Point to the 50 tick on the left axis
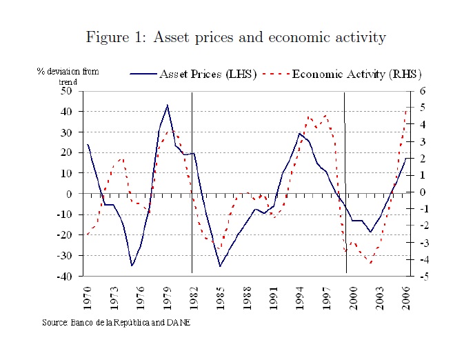tap(66, 91)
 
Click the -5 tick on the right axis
tap(422, 277)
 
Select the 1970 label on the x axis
tap(88, 296)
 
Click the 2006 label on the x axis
tap(406, 296)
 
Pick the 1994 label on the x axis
tap(300, 296)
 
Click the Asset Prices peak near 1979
tap(168, 105)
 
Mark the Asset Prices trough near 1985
tap(220, 266)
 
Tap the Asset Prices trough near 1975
tap(132, 266)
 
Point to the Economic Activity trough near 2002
tap(371, 263)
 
